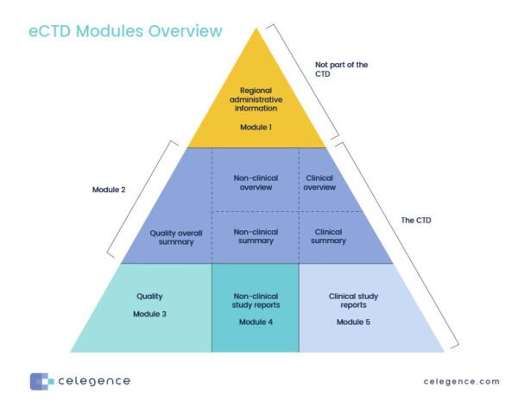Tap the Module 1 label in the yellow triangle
(x=255, y=127)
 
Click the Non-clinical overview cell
(x=255, y=183)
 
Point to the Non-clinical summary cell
(x=255, y=235)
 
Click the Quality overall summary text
(x=171, y=236)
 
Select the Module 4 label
(x=255, y=322)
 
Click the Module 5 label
(x=354, y=321)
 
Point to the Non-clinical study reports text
(x=255, y=298)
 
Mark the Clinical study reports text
(x=354, y=299)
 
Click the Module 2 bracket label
(x=109, y=189)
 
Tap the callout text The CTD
(x=416, y=221)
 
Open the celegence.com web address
(x=461, y=381)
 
